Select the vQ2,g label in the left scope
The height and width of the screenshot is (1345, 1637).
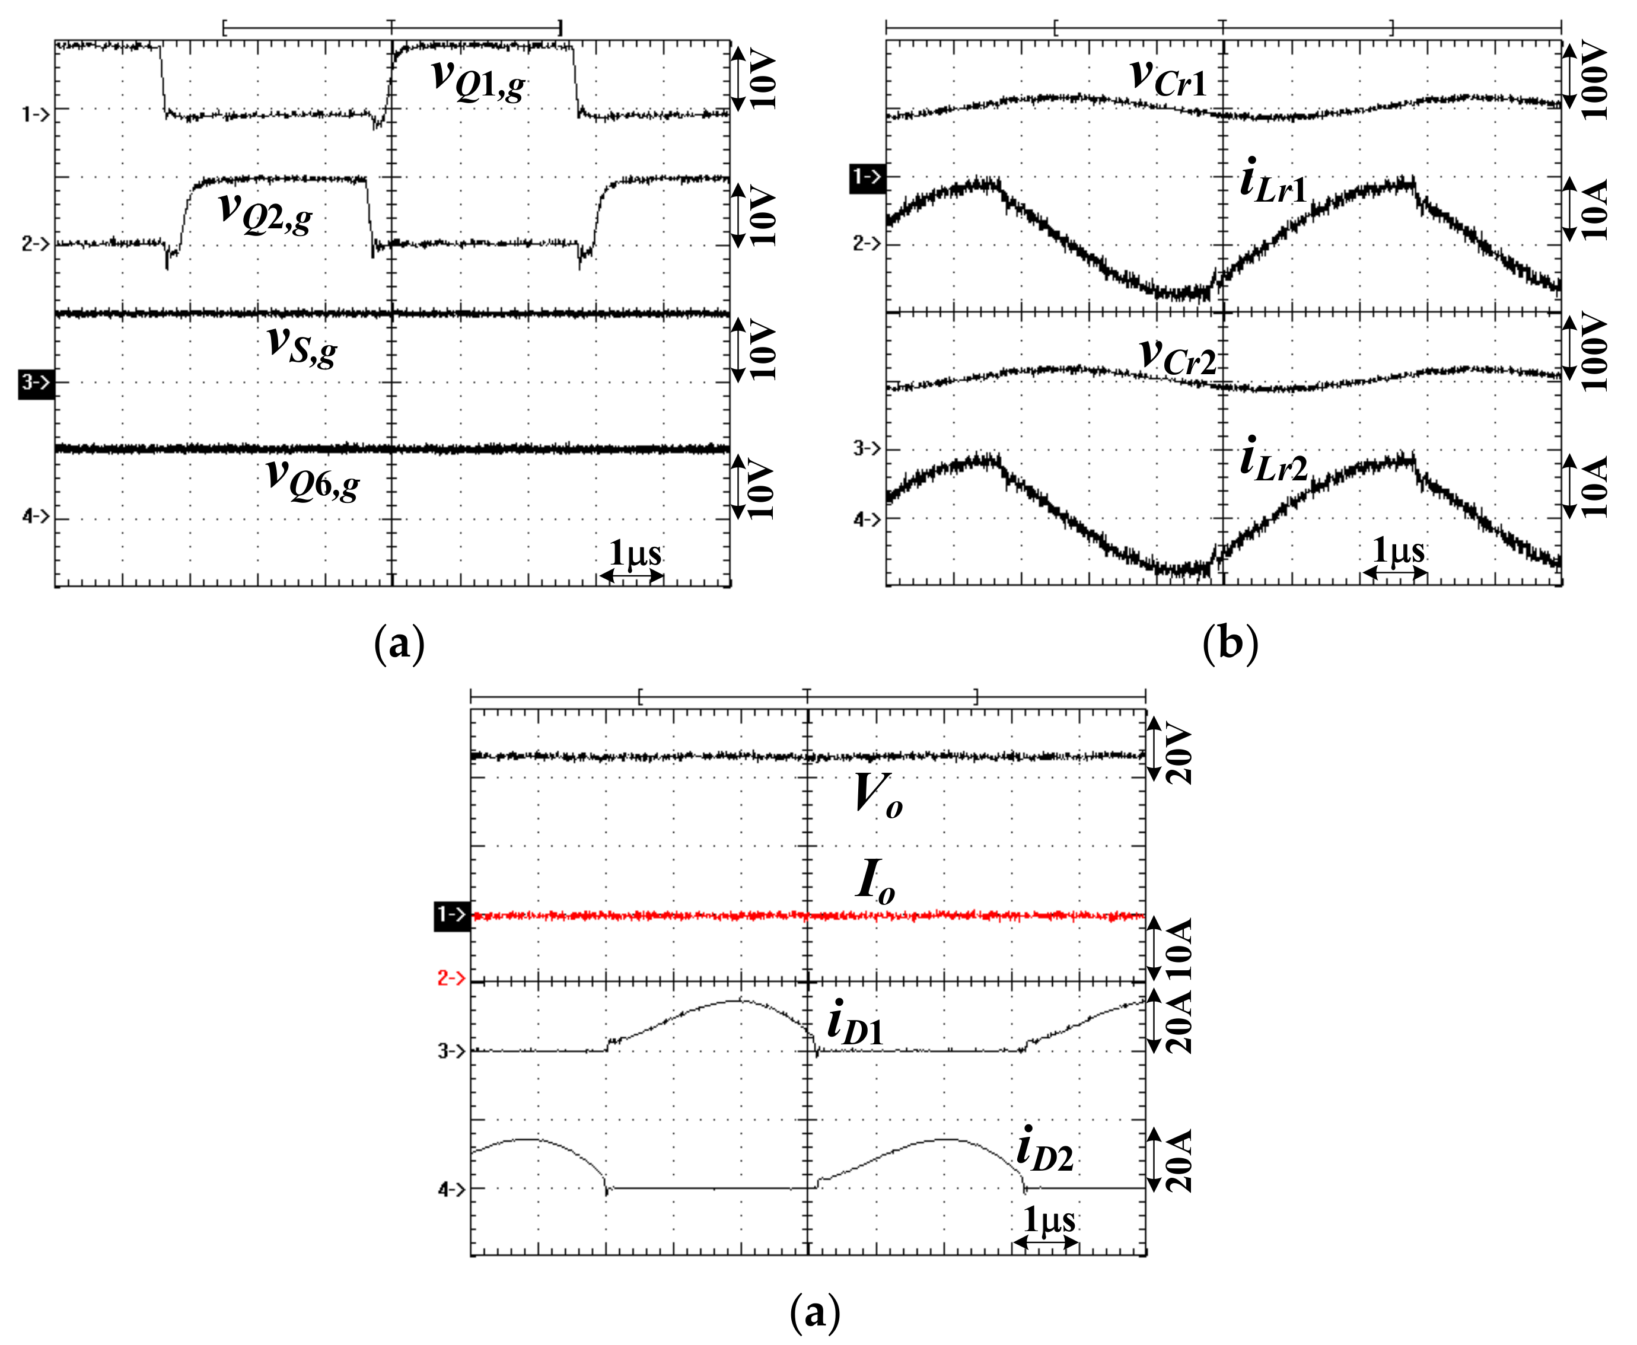pos(265,212)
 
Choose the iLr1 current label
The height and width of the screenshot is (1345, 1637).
pos(1273,184)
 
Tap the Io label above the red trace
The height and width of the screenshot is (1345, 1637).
pos(875,882)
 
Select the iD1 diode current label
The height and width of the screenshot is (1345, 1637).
pos(855,1024)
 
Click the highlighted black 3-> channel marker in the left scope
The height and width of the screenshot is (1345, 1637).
pos(36,383)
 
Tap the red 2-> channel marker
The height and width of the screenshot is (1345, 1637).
pos(451,979)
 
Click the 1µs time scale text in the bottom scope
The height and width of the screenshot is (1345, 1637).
pos(1049,1219)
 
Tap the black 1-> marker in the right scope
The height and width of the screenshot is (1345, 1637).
pos(867,178)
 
